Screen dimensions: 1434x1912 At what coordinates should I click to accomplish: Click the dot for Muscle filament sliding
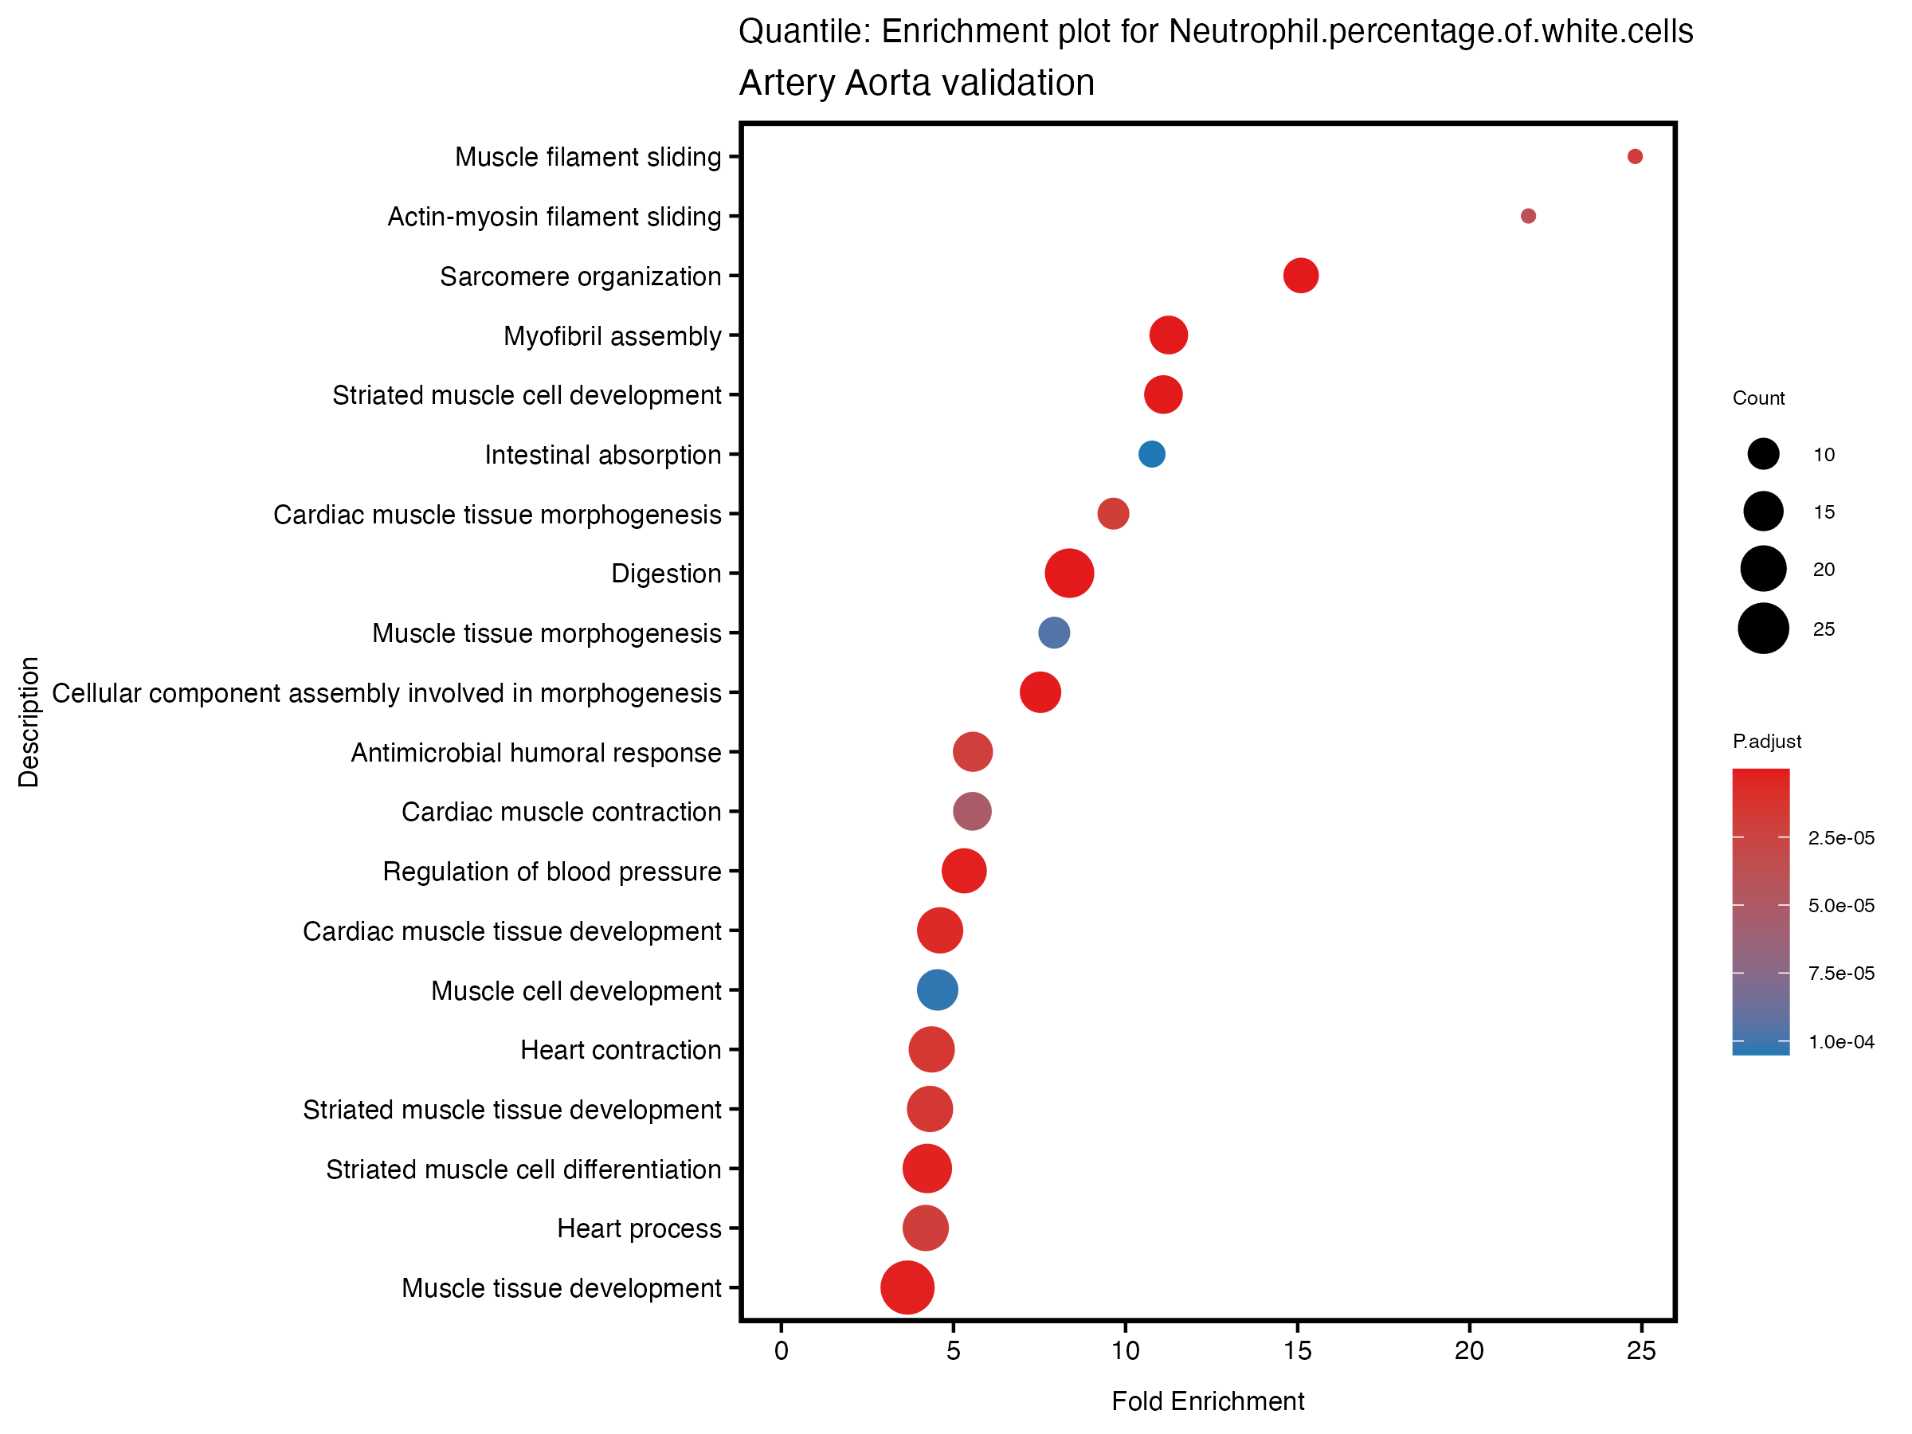click(x=1635, y=156)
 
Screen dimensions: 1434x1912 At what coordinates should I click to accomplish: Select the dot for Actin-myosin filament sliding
click(x=1528, y=216)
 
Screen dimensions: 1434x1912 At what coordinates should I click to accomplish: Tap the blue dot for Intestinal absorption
click(x=1151, y=454)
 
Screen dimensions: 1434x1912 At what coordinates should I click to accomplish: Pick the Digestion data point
click(x=1069, y=573)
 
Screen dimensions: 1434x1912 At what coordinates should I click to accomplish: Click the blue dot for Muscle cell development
click(x=937, y=989)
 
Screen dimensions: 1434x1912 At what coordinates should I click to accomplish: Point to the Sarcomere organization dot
click(x=1301, y=276)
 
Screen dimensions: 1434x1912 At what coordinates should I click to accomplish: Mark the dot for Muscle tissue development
click(x=907, y=1287)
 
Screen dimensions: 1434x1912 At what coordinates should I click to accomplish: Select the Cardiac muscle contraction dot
click(x=973, y=812)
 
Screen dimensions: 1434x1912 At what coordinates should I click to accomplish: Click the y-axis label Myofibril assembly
click(x=612, y=335)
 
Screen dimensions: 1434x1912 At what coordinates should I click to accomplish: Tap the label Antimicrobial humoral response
click(x=536, y=753)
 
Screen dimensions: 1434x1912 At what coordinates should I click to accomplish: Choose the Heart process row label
click(x=639, y=1228)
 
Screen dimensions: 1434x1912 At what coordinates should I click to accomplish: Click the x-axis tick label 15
click(x=1298, y=1350)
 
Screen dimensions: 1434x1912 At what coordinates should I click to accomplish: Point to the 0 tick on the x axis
click(x=782, y=1350)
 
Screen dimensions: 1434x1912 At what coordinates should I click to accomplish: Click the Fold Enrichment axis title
click(x=1208, y=1401)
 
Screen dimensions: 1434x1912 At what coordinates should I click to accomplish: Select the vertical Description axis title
click(x=29, y=722)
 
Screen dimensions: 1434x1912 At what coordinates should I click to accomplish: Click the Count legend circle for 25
click(x=1763, y=629)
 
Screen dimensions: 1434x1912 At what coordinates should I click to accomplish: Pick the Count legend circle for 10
click(x=1763, y=454)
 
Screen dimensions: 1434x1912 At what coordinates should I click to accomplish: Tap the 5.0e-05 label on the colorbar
click(x=1841, y=905)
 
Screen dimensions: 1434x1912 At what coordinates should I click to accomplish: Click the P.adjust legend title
click(x=1767, y=741)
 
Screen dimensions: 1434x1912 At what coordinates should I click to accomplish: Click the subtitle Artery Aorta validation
click(x=916, y=83)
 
